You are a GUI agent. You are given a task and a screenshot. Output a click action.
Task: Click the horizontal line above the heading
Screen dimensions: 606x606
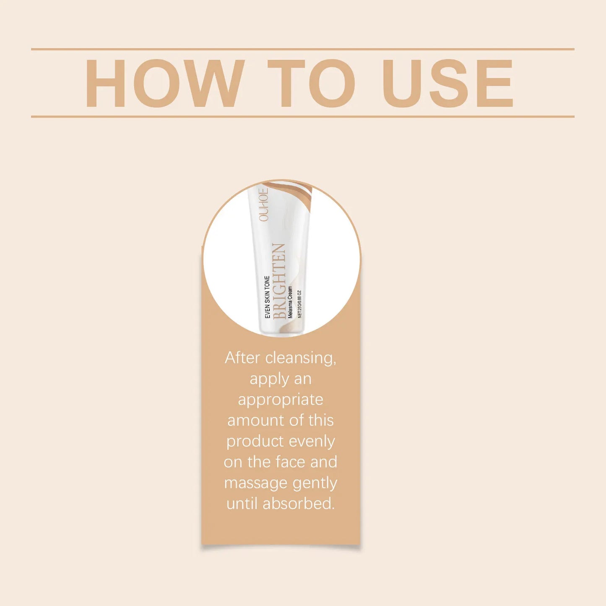[x=302, y=49]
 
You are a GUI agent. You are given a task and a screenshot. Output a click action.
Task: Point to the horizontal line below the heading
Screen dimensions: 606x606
[x=302, y=117]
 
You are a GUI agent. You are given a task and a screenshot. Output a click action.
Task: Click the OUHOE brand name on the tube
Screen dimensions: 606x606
[x=263, y=204]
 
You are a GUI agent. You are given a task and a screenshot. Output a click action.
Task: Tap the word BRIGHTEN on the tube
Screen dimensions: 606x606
[x=279, y=281]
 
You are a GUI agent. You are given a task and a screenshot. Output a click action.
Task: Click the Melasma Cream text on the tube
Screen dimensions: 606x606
[x=290, y=302]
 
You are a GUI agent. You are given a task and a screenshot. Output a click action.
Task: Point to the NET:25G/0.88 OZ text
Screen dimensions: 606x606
[x=299, y=304]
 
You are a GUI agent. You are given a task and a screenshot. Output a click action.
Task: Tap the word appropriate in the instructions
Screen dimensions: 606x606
[x=281, y=400]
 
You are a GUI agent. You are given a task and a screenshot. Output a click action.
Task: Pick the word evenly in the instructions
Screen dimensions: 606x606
[x=312, y=441]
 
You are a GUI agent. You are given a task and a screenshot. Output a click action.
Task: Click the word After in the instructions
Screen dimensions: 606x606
[x=242, y=358]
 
